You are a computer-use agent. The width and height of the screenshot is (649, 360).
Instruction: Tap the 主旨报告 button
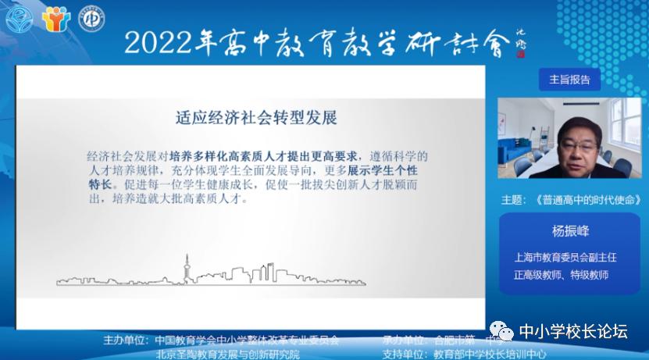tap(569, 79)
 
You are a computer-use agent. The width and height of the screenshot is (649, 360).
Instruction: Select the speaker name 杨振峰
tap(569, 232)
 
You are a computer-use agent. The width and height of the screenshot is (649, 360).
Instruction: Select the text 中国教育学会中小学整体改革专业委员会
tap(247, 340)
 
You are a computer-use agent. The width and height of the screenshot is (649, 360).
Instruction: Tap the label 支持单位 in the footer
tap(404, 353)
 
